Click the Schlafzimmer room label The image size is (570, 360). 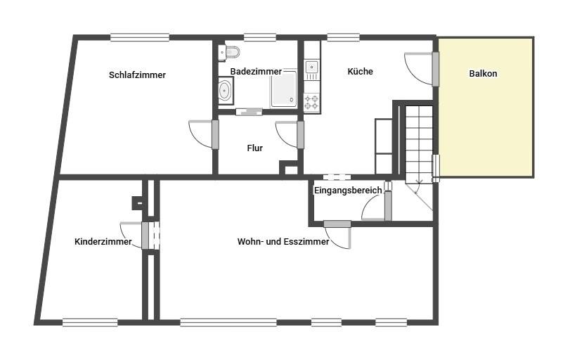(x=137, y=75)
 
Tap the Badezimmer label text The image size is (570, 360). (x=256, y=72)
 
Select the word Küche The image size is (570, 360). (x=360, y=71)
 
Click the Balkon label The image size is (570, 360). (x=483, y=73)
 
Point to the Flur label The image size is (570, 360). (x=255, y=148)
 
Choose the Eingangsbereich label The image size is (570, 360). (x=348, y=190)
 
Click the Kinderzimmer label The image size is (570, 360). (x=103, y=242)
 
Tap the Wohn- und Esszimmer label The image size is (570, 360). (x=283, y=241)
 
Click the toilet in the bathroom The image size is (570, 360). (x=229, y=52)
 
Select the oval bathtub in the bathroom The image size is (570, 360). (x=226, y=90)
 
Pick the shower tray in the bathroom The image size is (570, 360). (x=283, y=89)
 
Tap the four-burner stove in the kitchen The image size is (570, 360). (x=311, y=102)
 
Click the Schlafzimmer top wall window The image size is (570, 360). (x=140, y=37)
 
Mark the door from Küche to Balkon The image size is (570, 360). (x=422, y=69)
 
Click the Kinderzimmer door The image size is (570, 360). (x=134, y=236)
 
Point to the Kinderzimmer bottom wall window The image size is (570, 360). (x=90, y=322)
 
